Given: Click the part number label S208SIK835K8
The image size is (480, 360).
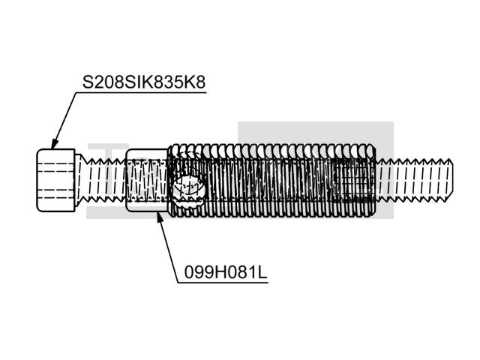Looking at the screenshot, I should coord(143,82).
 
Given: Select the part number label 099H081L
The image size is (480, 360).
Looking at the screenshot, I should coord(222,272).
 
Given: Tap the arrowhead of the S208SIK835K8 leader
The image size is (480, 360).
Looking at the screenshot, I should coord(53,146).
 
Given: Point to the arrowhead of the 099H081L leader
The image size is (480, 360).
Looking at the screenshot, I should coord(159,216).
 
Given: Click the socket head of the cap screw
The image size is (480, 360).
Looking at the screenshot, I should coord(56,181).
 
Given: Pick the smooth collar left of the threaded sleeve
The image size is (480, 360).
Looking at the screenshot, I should coord(146,181).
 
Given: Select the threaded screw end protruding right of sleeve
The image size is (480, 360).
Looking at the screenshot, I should coord(412,181).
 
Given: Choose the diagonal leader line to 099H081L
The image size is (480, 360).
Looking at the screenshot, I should coord(169,247).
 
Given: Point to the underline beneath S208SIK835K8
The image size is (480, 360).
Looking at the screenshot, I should coord(142,92).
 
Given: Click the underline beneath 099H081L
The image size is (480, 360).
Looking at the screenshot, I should coord(223,282).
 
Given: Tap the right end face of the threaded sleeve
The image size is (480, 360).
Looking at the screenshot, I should coord(373,181).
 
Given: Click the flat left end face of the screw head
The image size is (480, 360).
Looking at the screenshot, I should coord(37,181).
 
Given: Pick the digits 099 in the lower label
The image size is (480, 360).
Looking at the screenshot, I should coord(194,272).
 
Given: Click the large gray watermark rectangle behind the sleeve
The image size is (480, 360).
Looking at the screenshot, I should coord(315,135).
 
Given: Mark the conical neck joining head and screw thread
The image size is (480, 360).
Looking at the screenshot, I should coord(78,181).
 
